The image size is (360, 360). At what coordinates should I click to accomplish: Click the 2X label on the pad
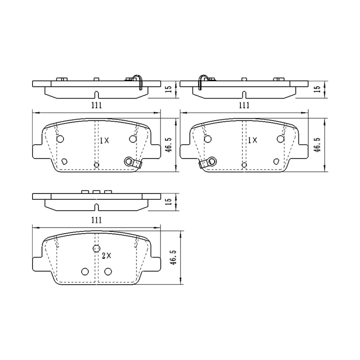pos(106,256)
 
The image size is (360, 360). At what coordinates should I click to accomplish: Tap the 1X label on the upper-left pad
pos(104,140)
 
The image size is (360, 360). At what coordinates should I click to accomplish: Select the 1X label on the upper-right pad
pos(252,140)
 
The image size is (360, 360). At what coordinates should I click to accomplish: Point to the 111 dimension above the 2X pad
pos(97,220)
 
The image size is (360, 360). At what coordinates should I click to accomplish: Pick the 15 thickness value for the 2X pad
pos(169,202)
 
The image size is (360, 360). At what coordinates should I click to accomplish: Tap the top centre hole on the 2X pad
pos(96,248)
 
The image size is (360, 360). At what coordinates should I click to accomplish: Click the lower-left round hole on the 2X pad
pos(85,271)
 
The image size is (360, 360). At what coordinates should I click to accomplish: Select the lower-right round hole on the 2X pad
pos(108,271)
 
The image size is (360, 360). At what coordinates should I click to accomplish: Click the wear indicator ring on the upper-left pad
pos(129,161)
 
